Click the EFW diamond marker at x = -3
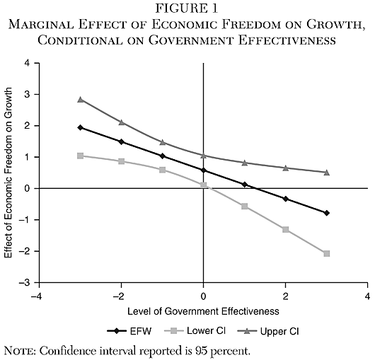(81, 127)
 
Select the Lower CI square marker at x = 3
(326, 253)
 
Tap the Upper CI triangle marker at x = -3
(81, 99)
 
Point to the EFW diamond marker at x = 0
(204, 170)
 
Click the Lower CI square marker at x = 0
(204, 185)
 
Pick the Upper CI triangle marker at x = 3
(326, 172)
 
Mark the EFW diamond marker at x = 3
(326, 213)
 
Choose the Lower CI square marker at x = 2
(285, 229)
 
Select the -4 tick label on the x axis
(40, 295)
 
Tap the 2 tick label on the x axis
(285, 295)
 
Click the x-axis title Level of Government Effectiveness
(204, 310)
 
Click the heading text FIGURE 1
(187, 9)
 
